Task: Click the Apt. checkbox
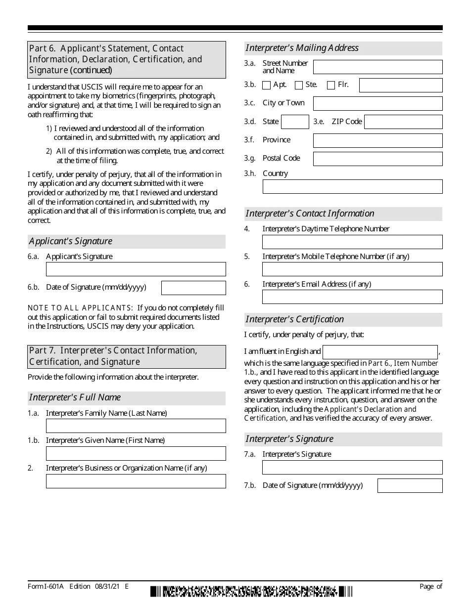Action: pos(266,85)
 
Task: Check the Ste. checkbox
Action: pos(298,85)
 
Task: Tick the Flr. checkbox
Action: pos(331,85)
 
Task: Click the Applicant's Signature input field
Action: pos(136,269)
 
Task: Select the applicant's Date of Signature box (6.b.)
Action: pos(193,288)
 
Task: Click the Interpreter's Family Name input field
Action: pos(136,426)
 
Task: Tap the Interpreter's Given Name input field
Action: pos(136,453)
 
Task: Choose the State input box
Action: pos(295,122)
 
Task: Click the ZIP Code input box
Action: pos(403,122)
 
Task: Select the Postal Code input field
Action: pos(377,159)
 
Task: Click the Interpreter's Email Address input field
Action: pos(352,297)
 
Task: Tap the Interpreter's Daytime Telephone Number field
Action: pos(352,242)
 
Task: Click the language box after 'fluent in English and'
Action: pos(380,352)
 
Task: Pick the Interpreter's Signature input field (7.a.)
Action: pos(352,467)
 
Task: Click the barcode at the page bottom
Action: pos(252,591)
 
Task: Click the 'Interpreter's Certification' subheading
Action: pos(295,319)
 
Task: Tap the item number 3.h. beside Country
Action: pos(250,174)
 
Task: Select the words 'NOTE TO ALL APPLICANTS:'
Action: pos(80,308)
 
